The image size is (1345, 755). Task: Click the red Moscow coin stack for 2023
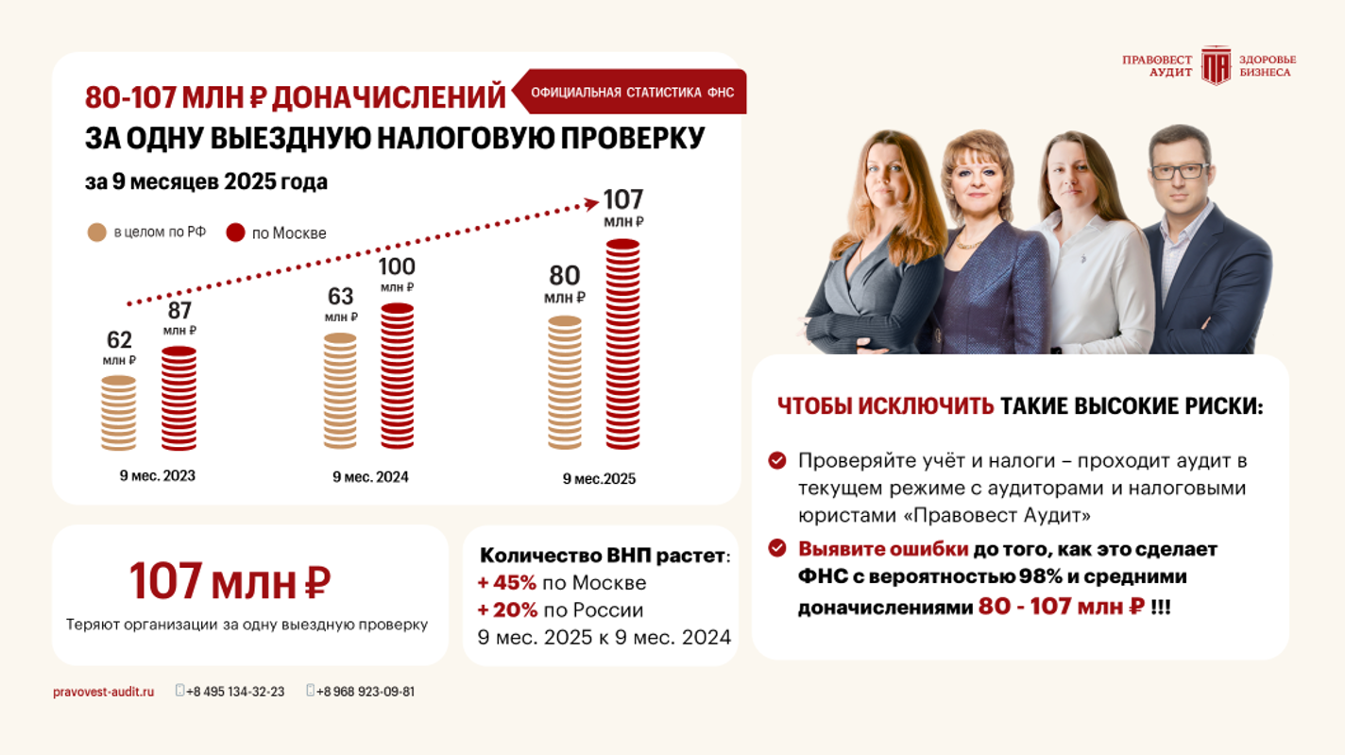click(x=179, y=399)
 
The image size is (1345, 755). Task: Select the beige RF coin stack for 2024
click(x=340, y=391)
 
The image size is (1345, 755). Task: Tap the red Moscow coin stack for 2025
click(x=622, y=345)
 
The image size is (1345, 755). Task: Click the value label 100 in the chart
click(x=397, y=266)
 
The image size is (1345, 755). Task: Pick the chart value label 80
click(x=565, y=276)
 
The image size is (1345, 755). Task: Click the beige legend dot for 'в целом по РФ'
click(x=96, y=232)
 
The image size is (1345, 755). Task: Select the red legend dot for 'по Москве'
click(x=236, y=232)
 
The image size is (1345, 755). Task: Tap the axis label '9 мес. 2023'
click(x=158, y=475)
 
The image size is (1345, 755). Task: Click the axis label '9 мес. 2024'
click(x=370, y=477)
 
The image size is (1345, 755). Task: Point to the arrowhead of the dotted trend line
click(x=591, y=201)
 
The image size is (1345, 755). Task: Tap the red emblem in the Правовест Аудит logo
click(x=1216, y=65)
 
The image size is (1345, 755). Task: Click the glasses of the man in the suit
click(x=1180, y=171)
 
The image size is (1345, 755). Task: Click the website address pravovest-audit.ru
click(x=103, y=692)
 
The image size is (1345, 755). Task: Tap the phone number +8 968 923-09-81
click(x=366, y=692)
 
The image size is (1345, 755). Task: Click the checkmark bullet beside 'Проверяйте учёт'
click(x=777, y=460)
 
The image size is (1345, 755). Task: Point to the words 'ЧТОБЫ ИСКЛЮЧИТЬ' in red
click(x=885, y=406)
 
